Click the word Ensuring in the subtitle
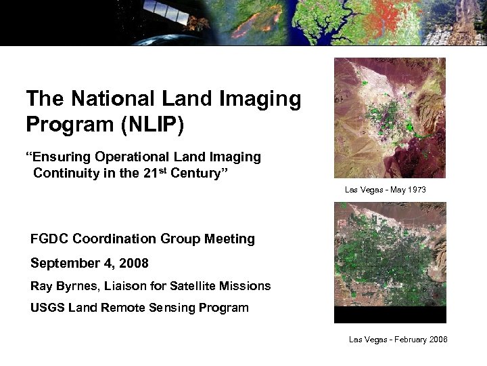click(x=61, y=157)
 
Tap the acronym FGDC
click(x=49, y=239)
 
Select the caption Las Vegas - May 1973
click(x=385, y=190)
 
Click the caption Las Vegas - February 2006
click(x=398, y=340)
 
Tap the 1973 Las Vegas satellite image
click(x=390, y=118)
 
